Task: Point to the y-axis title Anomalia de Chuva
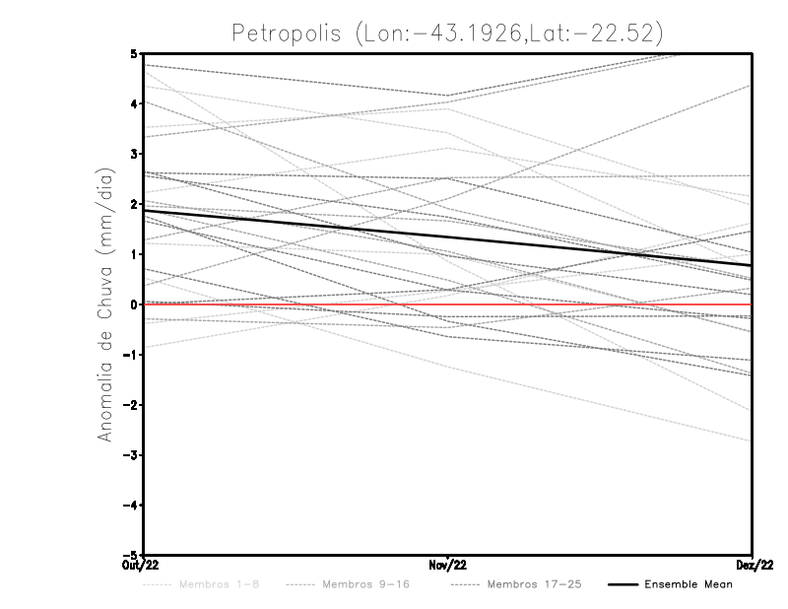pyautogui.click(x=105, y=305)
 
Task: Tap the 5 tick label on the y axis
pyautogui.click(x=134, y=53)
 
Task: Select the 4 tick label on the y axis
pyautogui.click(x=134, y=103)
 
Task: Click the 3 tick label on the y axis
pyautogui.click(x=134, y=154)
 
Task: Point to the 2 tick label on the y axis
pyautogui.click(x=134, y=204)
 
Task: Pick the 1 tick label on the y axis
pyautogui.click(x=134, y=254)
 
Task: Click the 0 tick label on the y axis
pyautogui.click(x=134, y=304)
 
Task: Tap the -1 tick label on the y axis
pyautogui.click(x=131, y=355)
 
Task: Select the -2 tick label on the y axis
pyautogui.click(x=131, y=405)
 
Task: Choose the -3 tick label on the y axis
pyautogui.click(x=131, y=455)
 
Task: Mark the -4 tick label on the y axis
pyautogui.click(x=131, y=506)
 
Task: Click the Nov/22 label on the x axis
pyautogui.click(x=448, y=566)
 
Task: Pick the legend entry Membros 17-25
pyautogui.click(x=533, y=585)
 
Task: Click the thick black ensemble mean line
pyautogui.click(x=448, y=237)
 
